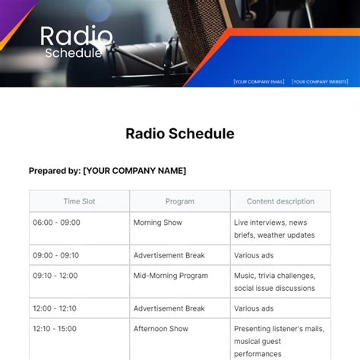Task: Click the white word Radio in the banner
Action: [x=76, y=36]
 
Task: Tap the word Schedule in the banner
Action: [x=73, y=53]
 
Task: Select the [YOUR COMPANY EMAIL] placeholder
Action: [x=258, y=81]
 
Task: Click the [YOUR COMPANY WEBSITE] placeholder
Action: [x=320, y=81]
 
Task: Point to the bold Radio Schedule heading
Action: [x=180, y=134]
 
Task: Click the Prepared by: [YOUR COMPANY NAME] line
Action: [x=107, y=171]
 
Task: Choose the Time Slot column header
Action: [x=79, y=201]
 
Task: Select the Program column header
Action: [x=180, y=201]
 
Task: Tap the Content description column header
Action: [x=280, y=201]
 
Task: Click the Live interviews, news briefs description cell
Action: [x=279, y=229]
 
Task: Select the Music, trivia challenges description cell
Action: [x=279, y=282]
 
